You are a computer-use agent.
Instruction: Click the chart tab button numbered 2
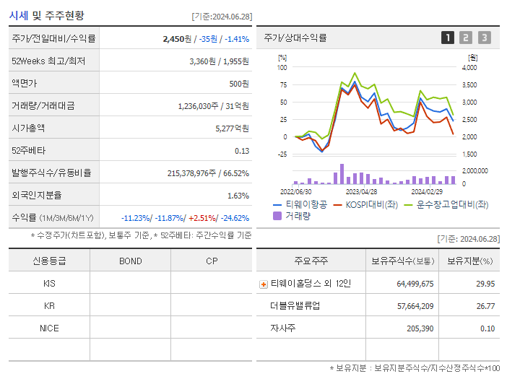[466, 38]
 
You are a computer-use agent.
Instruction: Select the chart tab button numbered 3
[484, 38]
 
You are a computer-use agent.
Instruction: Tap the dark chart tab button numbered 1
[448, 38]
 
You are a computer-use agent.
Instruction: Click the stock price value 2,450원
[178, 39]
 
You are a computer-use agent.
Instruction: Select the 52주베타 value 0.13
[242, 150]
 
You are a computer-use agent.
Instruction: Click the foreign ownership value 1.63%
[238, 195]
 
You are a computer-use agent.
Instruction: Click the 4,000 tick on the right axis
[469, 67]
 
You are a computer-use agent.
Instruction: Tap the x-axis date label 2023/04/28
[361, 192]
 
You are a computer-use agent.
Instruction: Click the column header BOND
[130, 261]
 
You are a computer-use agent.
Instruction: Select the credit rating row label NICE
[49, 328]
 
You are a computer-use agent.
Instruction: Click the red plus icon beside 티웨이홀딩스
[264, 284]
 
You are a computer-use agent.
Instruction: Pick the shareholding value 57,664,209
[415, 306]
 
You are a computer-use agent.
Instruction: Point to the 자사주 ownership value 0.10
[487, 328]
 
